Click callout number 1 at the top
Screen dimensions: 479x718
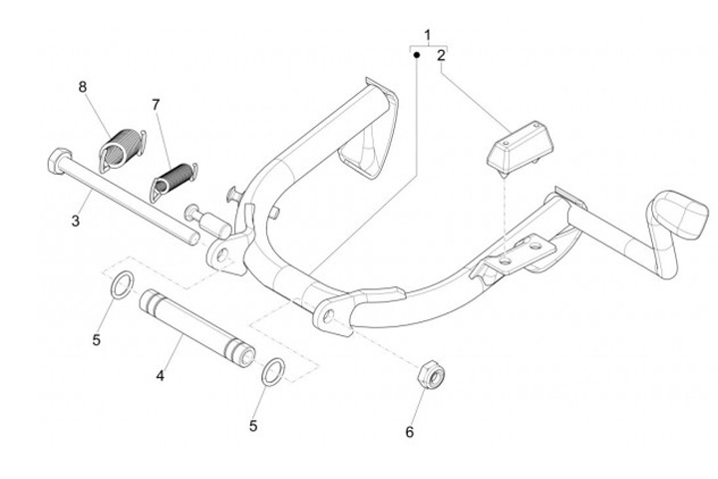(428, 36)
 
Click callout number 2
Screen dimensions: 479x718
(441, 57)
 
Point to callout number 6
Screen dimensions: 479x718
(409, 432)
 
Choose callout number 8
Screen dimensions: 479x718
(84, 87)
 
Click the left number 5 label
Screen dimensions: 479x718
(97, 339)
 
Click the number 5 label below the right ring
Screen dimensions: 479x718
(253, 425)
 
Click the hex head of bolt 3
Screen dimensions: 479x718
(54, 159)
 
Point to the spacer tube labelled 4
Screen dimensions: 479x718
(195, 322)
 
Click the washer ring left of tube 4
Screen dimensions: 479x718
(118, 285)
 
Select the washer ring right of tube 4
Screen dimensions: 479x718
(272, 372)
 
